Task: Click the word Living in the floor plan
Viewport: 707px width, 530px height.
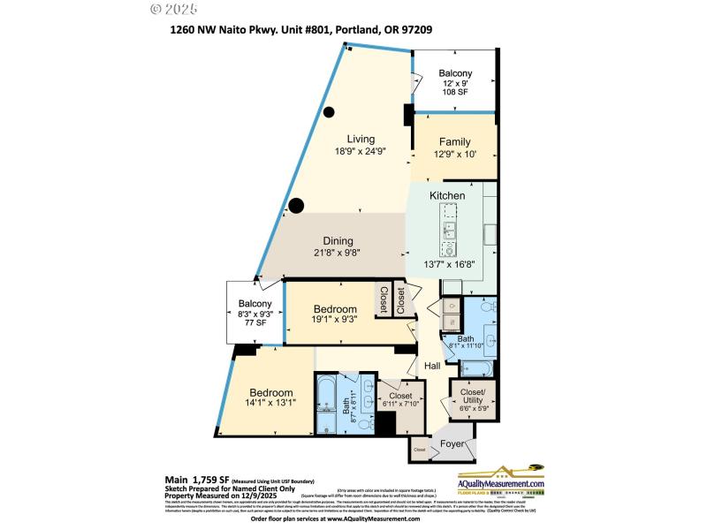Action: point(361,139)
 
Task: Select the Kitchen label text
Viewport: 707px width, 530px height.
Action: point(447,195)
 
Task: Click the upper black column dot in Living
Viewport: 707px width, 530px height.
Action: point(329,112)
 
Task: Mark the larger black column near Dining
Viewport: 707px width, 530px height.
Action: point(297,206)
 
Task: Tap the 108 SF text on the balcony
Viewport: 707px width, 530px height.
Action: point(457,91)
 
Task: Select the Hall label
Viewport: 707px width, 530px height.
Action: point(432,366)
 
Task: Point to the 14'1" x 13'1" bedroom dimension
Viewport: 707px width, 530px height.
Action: point(270,404)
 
